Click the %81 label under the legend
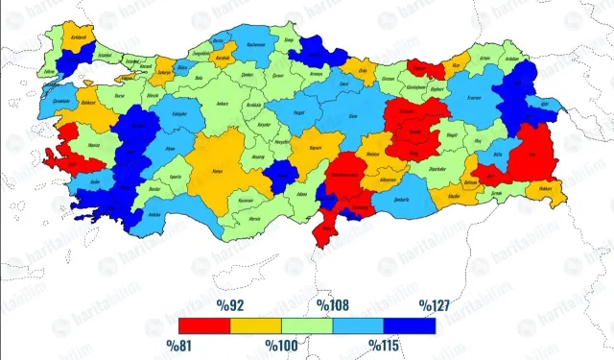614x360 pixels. (x=180, y=344)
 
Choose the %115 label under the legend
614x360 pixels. (x=387, y=344)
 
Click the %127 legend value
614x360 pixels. (x=435, y=306)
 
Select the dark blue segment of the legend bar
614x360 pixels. (x=410, y=325)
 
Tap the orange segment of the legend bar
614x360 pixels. (x=256, y=325)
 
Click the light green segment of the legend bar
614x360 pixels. (x=307, y=325)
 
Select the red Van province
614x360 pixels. (x=531, y=154)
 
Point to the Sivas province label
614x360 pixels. (x=353, y=114)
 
